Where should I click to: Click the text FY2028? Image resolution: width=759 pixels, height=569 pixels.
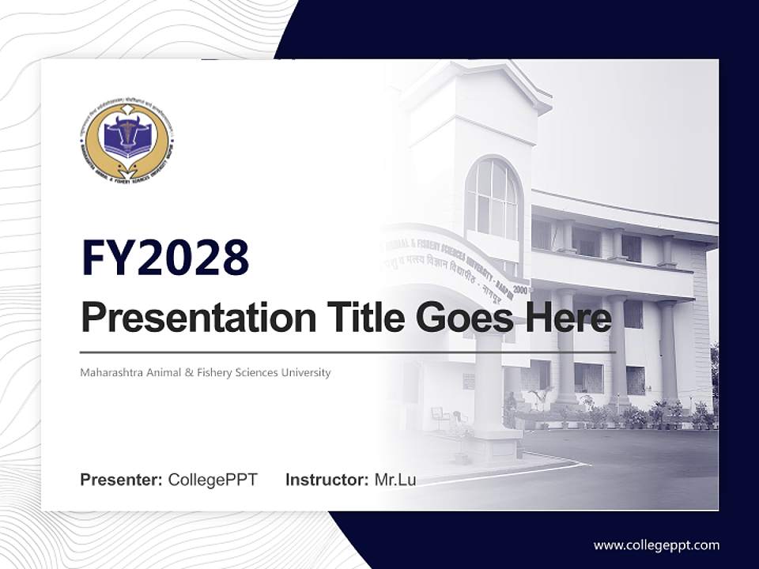164,258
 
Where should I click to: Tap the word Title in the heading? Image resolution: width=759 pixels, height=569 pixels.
357,318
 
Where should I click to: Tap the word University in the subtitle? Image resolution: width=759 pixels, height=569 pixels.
306,372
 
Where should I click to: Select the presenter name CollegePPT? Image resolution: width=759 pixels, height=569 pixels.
213,480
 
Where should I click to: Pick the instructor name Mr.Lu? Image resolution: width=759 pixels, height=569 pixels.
395,480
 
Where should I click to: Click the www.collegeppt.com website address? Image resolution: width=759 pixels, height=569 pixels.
656,545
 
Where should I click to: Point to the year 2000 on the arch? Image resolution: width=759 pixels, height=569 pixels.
520,290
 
